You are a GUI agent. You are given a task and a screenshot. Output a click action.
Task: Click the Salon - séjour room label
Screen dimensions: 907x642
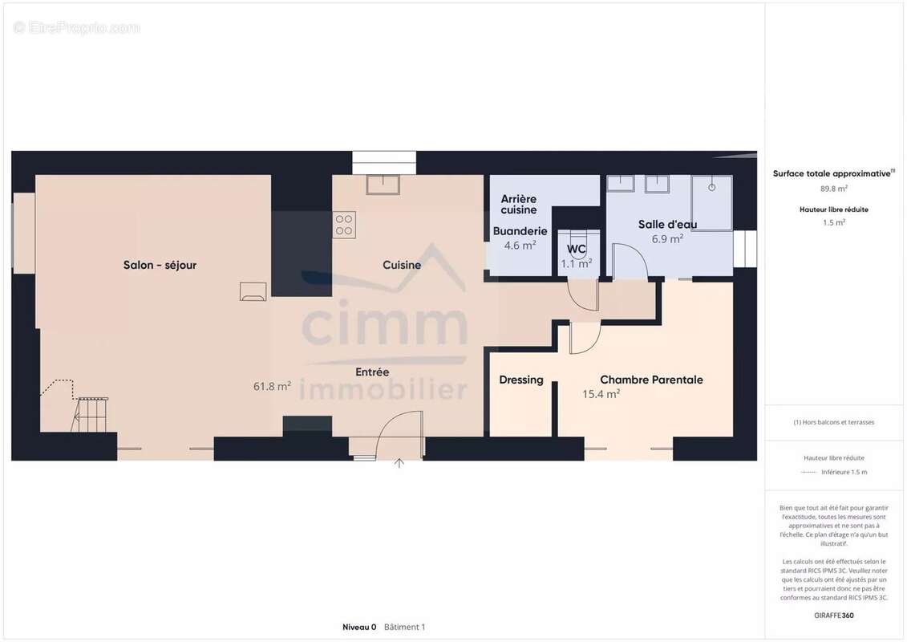click(160, 265)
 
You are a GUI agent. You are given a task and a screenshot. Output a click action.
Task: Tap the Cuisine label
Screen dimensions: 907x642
click(402, 265)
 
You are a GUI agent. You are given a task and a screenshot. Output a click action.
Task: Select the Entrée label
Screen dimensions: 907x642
click(372, 372)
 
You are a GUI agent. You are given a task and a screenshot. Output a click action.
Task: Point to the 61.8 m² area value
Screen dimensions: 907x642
click(272, 385)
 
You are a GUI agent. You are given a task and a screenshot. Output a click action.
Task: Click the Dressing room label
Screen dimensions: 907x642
click(521, 380)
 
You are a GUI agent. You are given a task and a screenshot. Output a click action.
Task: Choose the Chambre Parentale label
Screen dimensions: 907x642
click(651, 380)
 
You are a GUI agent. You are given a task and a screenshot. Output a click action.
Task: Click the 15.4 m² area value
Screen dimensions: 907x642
click(601, 394)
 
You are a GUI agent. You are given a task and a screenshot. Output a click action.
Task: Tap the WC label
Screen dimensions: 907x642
click(576, 249)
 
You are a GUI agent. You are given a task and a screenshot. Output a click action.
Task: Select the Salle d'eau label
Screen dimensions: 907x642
click(667, 224)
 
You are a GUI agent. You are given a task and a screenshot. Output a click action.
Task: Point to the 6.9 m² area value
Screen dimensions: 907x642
click(667, 238)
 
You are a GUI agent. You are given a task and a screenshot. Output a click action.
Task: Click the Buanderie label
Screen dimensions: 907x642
click(520, 231)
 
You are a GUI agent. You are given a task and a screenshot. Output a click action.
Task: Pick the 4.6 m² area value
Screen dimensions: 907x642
click(520, 245)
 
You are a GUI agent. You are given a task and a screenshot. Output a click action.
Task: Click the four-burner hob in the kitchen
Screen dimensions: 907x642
click(344, 225)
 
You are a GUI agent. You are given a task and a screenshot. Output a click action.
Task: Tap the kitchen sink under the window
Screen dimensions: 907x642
click(383, 185)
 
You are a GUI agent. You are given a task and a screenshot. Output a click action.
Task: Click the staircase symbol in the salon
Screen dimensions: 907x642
click(90, 414)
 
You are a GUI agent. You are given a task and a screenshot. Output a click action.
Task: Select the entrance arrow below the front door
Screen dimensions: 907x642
click(399, 463)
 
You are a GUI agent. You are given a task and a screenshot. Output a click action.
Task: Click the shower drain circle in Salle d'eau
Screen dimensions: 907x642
click(711, 188)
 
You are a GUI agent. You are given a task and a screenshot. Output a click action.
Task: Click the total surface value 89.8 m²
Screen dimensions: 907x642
click(833, 189)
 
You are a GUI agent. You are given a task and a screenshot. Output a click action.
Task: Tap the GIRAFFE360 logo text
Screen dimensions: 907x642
click(833, 616)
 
